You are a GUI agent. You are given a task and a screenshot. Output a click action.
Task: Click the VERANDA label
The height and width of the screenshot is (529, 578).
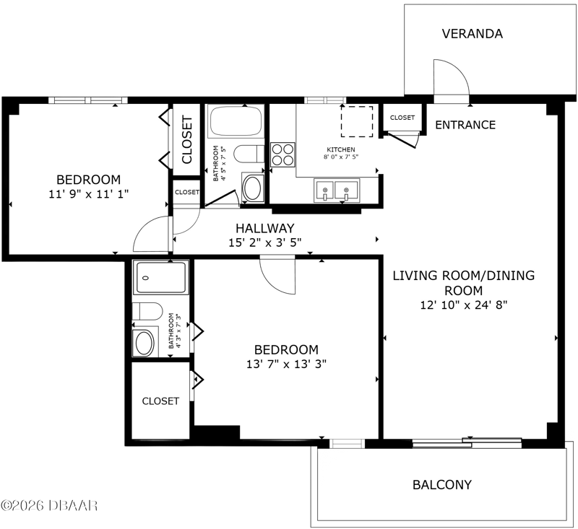point(473,34)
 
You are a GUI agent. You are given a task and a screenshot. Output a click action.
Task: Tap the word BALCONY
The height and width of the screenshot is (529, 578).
point(442,485)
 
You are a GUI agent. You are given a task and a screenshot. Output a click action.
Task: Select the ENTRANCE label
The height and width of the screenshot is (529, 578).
point(465,125)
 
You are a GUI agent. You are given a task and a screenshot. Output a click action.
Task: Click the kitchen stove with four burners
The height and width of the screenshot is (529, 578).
point(282,154)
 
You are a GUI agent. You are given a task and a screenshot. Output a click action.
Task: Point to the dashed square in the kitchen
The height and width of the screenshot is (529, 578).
point(357,121)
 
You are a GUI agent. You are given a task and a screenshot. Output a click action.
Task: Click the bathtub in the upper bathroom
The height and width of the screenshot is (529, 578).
point(236,121)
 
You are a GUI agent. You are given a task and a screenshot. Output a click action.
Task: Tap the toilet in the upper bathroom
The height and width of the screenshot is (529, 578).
point(249,154)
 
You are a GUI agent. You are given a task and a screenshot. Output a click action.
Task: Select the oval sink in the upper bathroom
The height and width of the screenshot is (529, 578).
point(254,188)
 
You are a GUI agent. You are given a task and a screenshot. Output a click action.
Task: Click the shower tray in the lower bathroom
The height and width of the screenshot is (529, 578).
point(161,278)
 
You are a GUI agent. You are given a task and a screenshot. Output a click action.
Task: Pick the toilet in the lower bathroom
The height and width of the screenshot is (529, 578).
point(147,312)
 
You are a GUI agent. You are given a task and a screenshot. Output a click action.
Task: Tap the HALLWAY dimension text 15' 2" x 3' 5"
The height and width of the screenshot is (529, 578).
point(265,243)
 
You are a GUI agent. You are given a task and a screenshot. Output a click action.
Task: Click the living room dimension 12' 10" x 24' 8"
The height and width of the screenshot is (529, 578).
point(464,305)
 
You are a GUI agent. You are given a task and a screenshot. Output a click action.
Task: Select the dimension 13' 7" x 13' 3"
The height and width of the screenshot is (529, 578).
point(286,364)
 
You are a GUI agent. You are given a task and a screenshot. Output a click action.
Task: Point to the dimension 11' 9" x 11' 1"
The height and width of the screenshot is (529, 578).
point(88,194)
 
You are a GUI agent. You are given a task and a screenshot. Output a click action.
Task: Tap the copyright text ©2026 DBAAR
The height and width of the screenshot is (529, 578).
point(49,505)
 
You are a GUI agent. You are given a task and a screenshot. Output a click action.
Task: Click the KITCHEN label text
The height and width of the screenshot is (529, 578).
point(341,149)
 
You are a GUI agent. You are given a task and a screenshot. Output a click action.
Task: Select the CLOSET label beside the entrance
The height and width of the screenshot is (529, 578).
point(402,118)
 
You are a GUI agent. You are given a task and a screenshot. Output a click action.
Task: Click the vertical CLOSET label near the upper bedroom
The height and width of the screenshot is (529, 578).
point(187,139)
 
